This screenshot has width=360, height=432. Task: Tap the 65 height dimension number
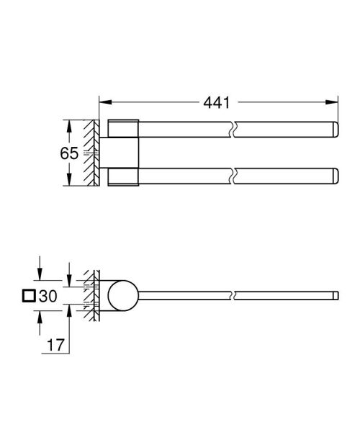48,153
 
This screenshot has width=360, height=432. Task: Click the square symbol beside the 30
29,295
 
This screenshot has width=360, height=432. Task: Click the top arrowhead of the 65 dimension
69,123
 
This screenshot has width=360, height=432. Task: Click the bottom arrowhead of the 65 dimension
69,184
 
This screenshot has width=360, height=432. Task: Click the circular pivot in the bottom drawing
122,295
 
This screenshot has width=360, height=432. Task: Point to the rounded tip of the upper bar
333,131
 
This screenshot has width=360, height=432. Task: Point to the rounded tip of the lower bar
333,175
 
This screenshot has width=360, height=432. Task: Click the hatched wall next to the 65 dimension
89,153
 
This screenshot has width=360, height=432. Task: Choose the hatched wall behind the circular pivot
91,295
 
